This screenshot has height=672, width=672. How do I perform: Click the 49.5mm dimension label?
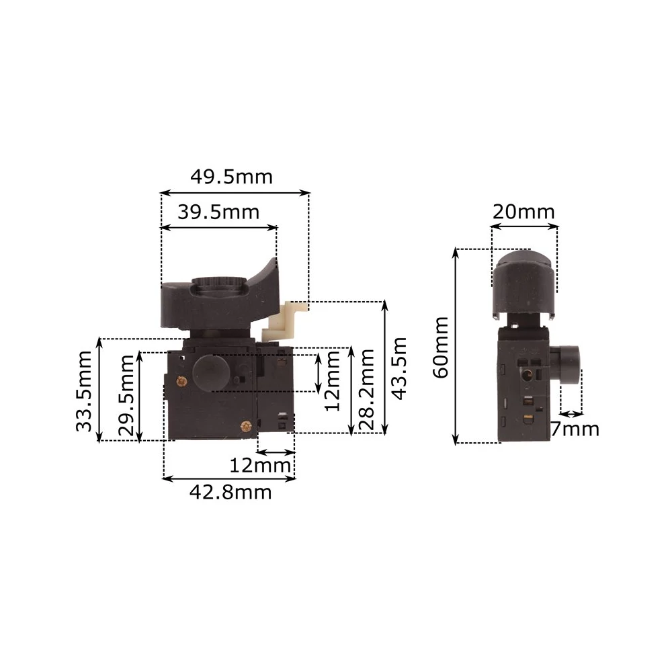click(231, 177)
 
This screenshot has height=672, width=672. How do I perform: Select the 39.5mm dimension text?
click(218, 212)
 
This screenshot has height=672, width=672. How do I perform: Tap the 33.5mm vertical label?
click(83, 391)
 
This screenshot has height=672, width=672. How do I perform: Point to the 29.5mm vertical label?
click(127, 396)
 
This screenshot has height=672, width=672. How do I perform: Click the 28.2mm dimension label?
click(367, 390)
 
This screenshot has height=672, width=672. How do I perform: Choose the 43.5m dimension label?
click(399, 368)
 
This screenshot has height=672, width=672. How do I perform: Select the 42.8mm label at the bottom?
click(230, 493)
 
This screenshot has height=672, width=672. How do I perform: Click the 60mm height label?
click(440, 347)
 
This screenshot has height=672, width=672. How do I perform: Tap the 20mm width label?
click(523, 212)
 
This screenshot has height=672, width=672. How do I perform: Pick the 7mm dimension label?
click(575, 429)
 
